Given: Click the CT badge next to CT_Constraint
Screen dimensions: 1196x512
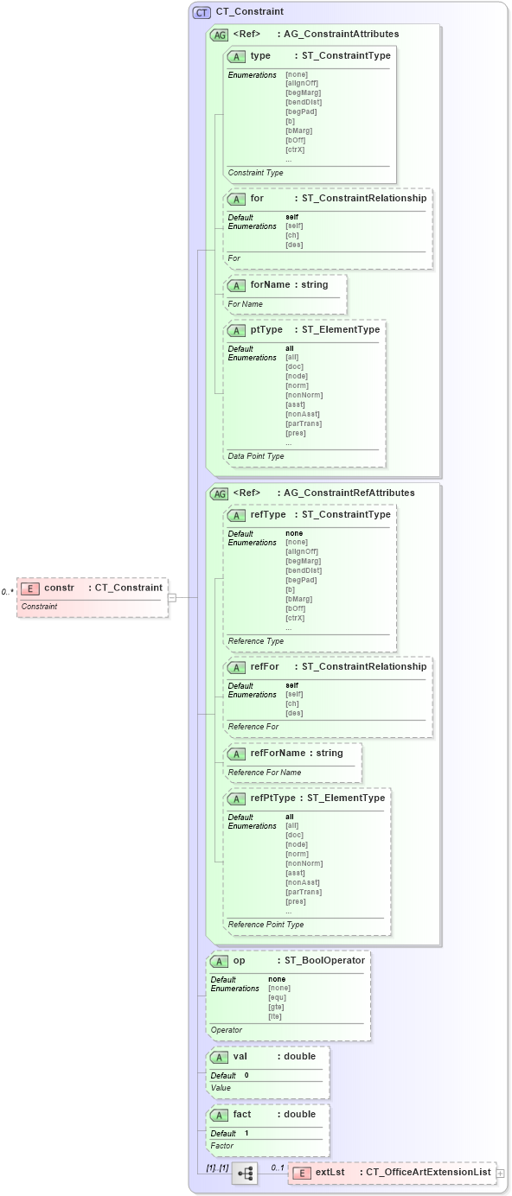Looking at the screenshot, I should [x=202, y=12].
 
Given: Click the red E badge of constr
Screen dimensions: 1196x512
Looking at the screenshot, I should [x=30, y=588].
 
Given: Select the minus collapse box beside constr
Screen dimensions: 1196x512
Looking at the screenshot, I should [x=172, y=597].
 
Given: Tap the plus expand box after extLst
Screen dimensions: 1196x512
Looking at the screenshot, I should [x=500, y=1174].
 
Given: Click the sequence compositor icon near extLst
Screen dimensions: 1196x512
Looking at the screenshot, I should [x=245, y=1174].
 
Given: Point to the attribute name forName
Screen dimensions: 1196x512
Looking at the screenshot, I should [x=270, y=284].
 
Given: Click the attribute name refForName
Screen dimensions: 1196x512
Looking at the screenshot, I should [x=278, y=753].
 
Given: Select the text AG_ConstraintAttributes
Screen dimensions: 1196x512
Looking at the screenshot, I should [x=342, y=35].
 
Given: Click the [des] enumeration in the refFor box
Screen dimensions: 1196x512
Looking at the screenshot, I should [x=294, y=713].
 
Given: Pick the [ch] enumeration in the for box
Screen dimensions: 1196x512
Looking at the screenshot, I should [x=292, y=235].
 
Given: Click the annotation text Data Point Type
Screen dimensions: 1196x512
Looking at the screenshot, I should [x=256, y=456].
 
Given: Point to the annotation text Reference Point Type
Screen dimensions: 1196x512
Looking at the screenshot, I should [x=266, y=925].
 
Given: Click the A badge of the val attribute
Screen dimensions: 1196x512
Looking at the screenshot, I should [x=220, y=1057].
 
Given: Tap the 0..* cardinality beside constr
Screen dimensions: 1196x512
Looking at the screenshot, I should [x=7, y=592].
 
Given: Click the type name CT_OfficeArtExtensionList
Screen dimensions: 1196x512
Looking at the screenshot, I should [x=428, y=1173].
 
